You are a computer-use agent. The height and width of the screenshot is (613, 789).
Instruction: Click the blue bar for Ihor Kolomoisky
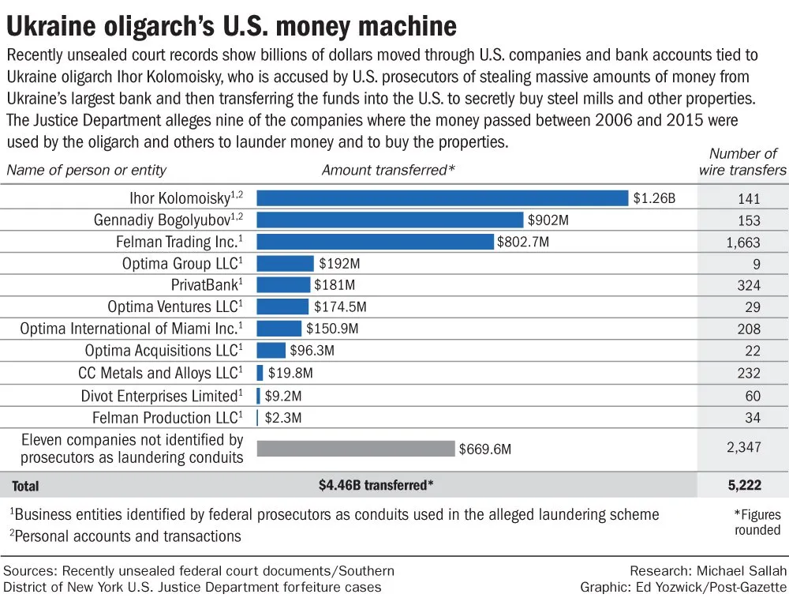pyautogui.click(x=442, y=198)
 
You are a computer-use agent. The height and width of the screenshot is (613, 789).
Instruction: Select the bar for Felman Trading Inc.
pyautogui.click(x=375, y=242)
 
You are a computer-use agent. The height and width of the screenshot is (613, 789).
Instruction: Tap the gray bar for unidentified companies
pyautogui.click(x=356, y=449)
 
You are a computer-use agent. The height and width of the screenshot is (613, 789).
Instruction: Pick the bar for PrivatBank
pyautogui.click(x=283, y=284)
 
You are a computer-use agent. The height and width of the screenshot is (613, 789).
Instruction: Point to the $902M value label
pyautogui.click(x=545, y=220)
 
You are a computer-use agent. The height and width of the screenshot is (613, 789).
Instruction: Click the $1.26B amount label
pyautogui.click(x=654, y=198)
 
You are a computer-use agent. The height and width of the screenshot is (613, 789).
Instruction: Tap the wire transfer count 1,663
pyautogui.click(x=743, y=243)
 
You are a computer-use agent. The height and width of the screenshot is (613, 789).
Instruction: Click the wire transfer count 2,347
pyautogui.click(x=743, y=447)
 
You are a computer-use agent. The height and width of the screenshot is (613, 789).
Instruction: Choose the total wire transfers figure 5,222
pyautogui.click(x=743, y=486)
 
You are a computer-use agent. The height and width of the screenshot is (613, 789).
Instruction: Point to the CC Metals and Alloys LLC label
pyautogui.click(x=160, y=373)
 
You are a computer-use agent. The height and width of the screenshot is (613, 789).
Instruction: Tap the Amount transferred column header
pyautogui.click(x=378, y=170)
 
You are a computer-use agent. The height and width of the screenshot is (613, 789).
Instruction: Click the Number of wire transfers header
pyautogui.click(x=742, y=161)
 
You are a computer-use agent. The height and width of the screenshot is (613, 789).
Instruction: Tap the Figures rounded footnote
pyautogui.click(x=757, y=521)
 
